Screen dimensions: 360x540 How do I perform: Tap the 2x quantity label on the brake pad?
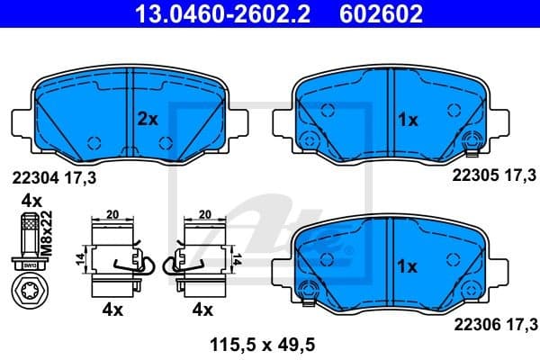point(147,118)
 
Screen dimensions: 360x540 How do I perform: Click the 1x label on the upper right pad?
point(407,118)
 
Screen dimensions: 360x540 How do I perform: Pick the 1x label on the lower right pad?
point(407,266)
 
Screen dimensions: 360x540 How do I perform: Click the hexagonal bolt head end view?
point(26,292)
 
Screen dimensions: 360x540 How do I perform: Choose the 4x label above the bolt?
point(31,200)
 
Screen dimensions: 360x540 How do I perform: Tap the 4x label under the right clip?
point(202,310)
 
